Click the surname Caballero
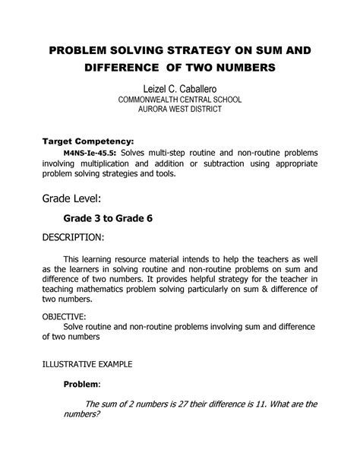[201, 91]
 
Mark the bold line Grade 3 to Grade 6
[107, 218]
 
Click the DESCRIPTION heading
[71, 238]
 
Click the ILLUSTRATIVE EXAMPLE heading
[87, 364]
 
